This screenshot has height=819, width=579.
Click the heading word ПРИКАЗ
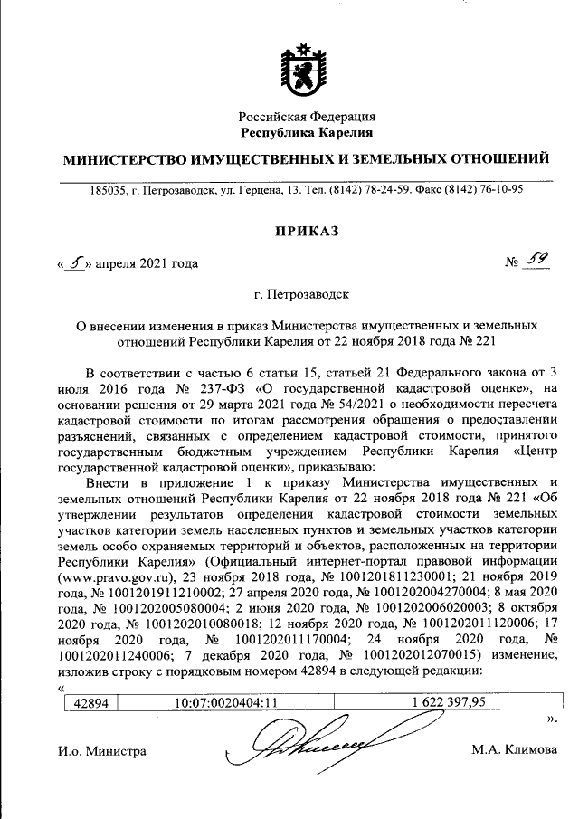click(307, 233)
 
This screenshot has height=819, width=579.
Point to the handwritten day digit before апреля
click(77, 263)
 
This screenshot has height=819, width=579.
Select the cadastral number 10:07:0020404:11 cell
click(225, 700)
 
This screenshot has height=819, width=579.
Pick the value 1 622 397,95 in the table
click(447, 700)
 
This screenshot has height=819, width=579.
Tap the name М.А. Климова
click(514, 750)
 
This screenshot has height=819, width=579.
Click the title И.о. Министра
click(100, 751)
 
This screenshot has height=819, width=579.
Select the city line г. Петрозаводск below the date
click(307, 295)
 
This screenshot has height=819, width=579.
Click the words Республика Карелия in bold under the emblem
click(307, 133)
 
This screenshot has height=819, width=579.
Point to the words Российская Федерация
click(307, 117)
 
